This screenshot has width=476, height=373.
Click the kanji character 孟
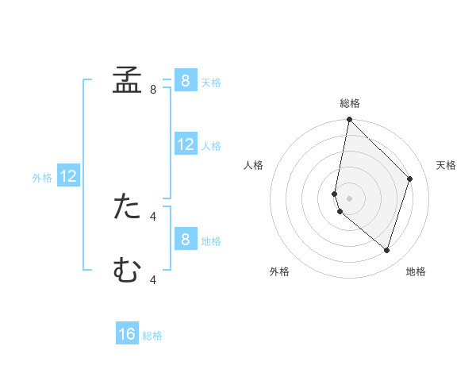(x=127, y=79)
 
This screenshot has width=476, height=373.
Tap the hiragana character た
(x=127, y=206)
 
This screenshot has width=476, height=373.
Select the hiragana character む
(x=127, y=270)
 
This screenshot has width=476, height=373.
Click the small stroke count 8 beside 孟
(x=153, y=90)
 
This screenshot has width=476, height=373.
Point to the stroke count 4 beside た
(x=153, y=216)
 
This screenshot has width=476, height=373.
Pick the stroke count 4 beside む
(x=153, y=279)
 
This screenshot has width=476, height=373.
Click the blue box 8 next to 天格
(x=185, y=81)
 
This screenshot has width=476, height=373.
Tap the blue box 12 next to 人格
(x=185, y=144)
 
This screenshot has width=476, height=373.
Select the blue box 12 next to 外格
(x=68, y=177)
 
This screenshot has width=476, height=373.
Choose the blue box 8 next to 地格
(x=185, y=240)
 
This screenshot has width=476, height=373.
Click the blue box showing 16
(x=127, y=334)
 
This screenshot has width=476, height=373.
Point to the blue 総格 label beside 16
(x=152, y=336)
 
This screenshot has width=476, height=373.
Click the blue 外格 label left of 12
(x=42, y=178)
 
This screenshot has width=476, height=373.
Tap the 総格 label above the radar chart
(x=350, y=103)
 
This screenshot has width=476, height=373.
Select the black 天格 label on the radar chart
(x=446, y=165)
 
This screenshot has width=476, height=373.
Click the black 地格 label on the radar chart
(x=416, y=271)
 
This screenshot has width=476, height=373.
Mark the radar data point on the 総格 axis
(x=349, y=120)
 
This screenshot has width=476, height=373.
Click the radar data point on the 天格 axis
(x=410, y=179)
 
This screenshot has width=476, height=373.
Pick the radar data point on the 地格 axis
(x=386, y=250)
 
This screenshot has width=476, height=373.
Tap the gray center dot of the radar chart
(x=349, y=198)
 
